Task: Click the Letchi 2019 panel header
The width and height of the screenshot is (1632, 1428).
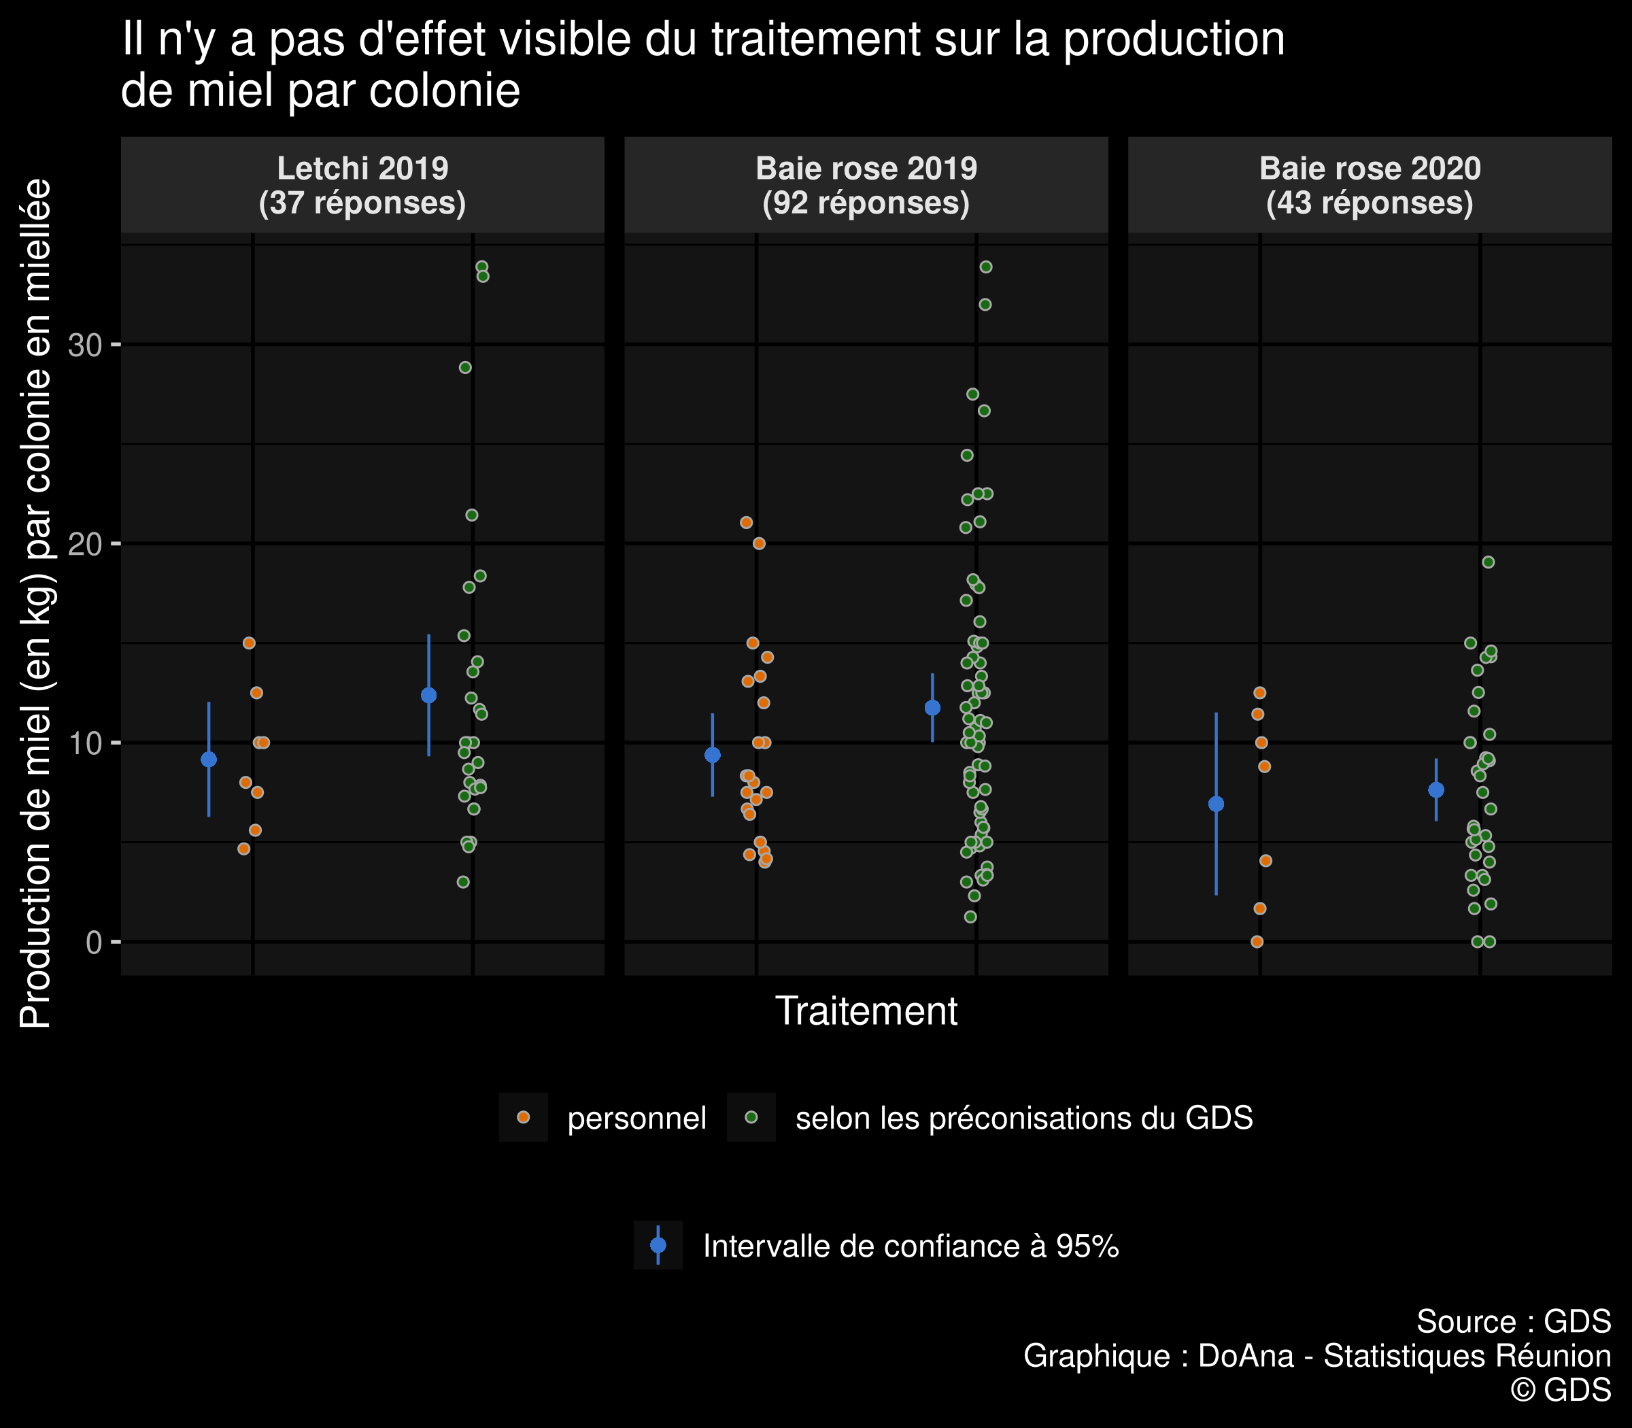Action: [x=362, y=186]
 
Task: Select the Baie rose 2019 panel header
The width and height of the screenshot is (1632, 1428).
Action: [x=866, y=186]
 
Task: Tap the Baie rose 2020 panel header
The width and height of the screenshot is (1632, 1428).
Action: [x=1370, y=186]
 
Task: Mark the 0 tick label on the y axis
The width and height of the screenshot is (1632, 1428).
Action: [x=94, y=942]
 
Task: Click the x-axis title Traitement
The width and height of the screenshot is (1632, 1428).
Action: [x=866, y=1011]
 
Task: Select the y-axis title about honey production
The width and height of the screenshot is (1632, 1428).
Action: [x=35, y=603]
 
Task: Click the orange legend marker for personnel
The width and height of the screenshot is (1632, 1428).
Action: [x=524, y=1117]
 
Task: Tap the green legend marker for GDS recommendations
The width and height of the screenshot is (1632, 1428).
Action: [x=751, y=1117]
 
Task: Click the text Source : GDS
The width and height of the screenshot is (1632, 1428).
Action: [x=1513, y=1322]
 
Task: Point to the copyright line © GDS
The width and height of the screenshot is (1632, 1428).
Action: [x=1561, y=1390]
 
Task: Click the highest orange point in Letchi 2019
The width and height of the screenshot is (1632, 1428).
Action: [x=250, y=643]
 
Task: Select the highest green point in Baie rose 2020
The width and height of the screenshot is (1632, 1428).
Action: [x=1488, y=562]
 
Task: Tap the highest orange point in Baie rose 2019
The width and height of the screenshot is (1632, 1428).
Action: [x=747, y=523]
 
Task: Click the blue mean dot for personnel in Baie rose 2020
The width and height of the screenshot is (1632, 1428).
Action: [x=1216, y=804]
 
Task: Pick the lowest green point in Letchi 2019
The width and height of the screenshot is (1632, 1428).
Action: [x=463, y=882]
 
